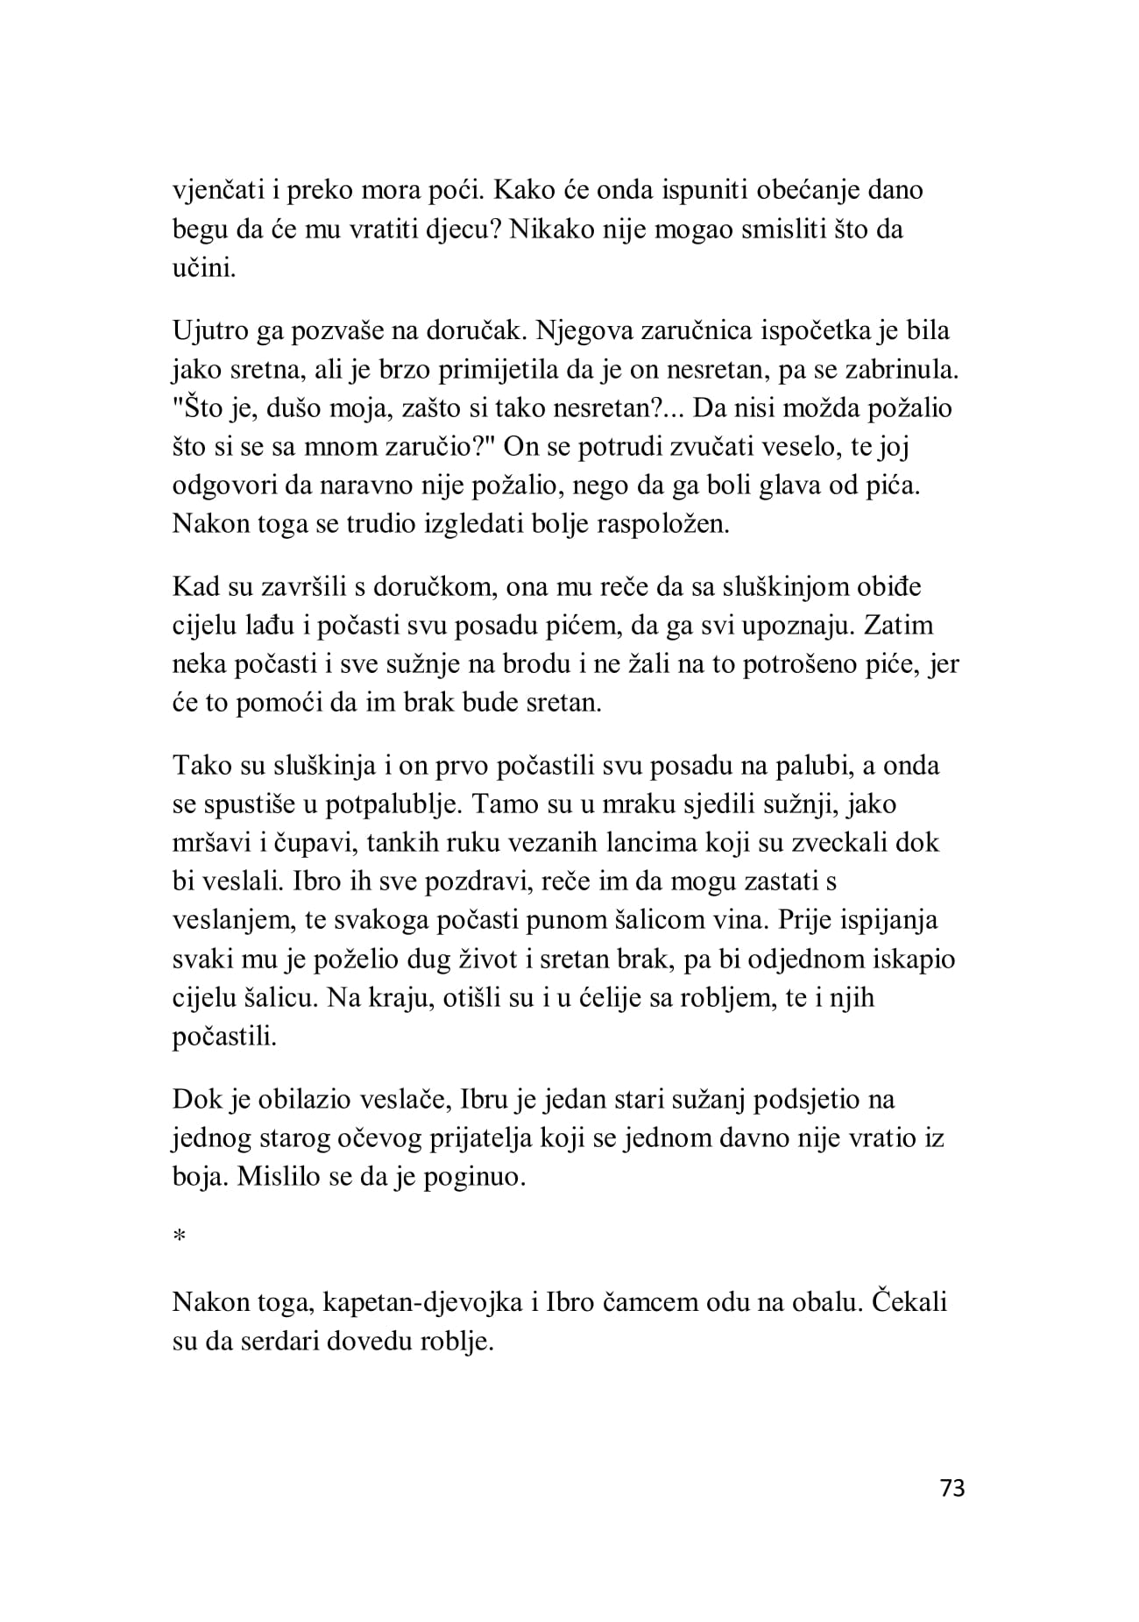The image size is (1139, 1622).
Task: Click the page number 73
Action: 952,1487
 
